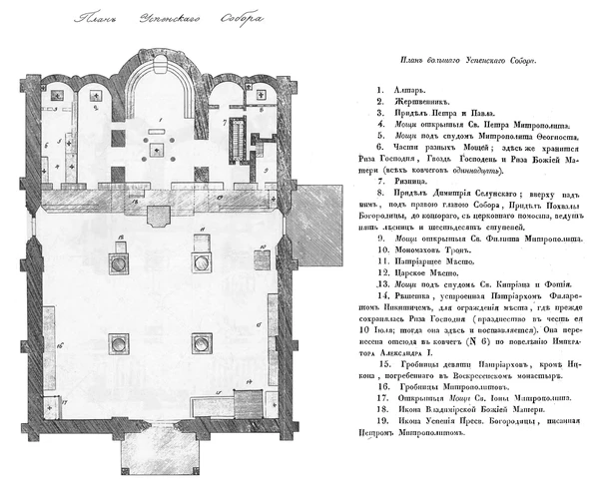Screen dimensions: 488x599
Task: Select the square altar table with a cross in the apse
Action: [157, 147]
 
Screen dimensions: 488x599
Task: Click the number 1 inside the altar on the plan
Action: [157, 119]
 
